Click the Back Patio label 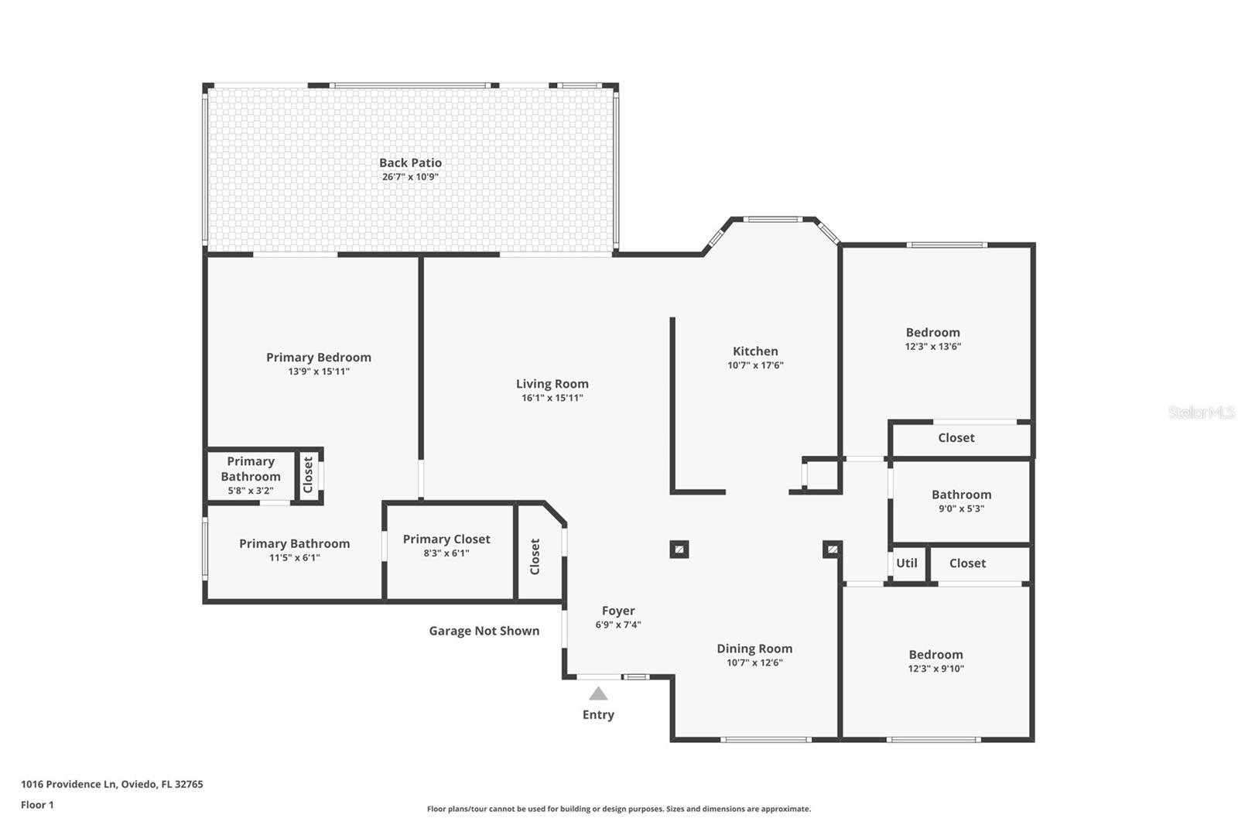pos(410,163)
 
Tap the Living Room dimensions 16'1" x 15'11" pos(552,398)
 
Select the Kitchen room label pos(755,351)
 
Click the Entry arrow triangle pos(598,693)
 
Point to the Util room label pos(906,563)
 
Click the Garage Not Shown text pos(484,631)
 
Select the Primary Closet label pos(446,539)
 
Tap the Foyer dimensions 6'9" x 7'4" pos(617,625)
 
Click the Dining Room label pos(754,649)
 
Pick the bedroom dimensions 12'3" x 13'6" pos(932,347)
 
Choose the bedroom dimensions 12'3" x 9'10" pos(935,669)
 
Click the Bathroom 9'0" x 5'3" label pos(961,495)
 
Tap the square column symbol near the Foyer pos(679,549)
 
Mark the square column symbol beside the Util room pos(832,549)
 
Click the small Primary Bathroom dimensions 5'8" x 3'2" pos(251,491)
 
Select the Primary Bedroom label pos(319,358)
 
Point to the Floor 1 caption pos(37,805)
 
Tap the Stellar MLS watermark pos(1201,413)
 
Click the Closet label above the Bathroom pos(956,438)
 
